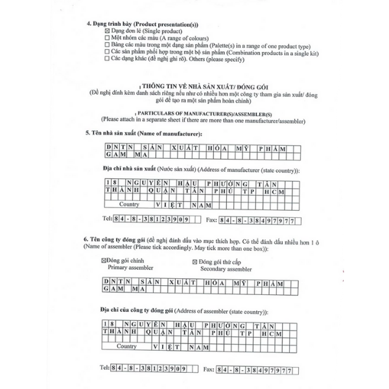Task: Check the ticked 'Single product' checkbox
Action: [x=107, y=30]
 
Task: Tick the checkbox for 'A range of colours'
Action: [x=107, y=38]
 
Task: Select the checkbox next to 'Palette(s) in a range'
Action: [x=107, y=44]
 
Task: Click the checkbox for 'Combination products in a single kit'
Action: [x=107, y=51]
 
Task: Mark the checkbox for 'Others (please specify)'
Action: [x=107, y=58]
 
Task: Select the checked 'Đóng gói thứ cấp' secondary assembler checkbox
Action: [x=195, y=261]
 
